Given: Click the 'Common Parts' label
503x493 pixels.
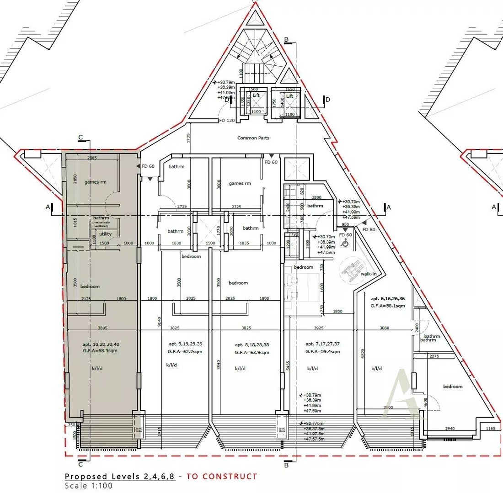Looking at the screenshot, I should pyautogui.click(x=253, y=138).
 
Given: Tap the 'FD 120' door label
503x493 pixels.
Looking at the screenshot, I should pyautogui.click(x=227, y=121).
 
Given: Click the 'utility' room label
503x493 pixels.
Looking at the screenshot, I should pyautogui.click(x=105, y=234).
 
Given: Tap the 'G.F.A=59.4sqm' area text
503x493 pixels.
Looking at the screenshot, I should pyautogui.click(x=322, y=352).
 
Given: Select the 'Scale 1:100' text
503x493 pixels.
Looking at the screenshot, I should pyautogui.click(x=88, y=486).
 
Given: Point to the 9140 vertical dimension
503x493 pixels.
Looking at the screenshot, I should pyautogui.click(x=159, y=324).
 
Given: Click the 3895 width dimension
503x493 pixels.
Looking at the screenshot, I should pyautogui.click(x=102, y=328).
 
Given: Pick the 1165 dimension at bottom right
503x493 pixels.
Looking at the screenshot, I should pyautogui.click(x=491, y=429).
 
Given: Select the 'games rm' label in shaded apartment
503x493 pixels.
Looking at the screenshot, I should pyautogui.click(x=95, y=182).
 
